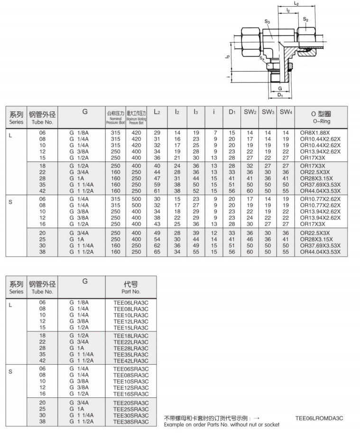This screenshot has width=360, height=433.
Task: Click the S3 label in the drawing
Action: [268, 21]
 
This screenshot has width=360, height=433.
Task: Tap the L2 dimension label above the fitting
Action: [296, 4]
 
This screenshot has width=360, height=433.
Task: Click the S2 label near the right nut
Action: [306, 19]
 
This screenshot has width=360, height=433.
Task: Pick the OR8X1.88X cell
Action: [314, 132]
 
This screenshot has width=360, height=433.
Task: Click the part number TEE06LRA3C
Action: [131, 302]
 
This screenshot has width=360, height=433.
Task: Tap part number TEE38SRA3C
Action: [131, 421]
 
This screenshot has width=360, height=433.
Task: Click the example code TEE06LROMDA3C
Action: [319, 418]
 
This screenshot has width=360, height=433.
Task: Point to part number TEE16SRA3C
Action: [131, 394]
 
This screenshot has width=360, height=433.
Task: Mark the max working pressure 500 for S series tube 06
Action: [137, 199]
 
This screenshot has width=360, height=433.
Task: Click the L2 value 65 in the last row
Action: [157, 252]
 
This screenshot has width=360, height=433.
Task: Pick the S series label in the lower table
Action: [10, 371]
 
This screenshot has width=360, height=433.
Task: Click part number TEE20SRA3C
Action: [131, 403]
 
